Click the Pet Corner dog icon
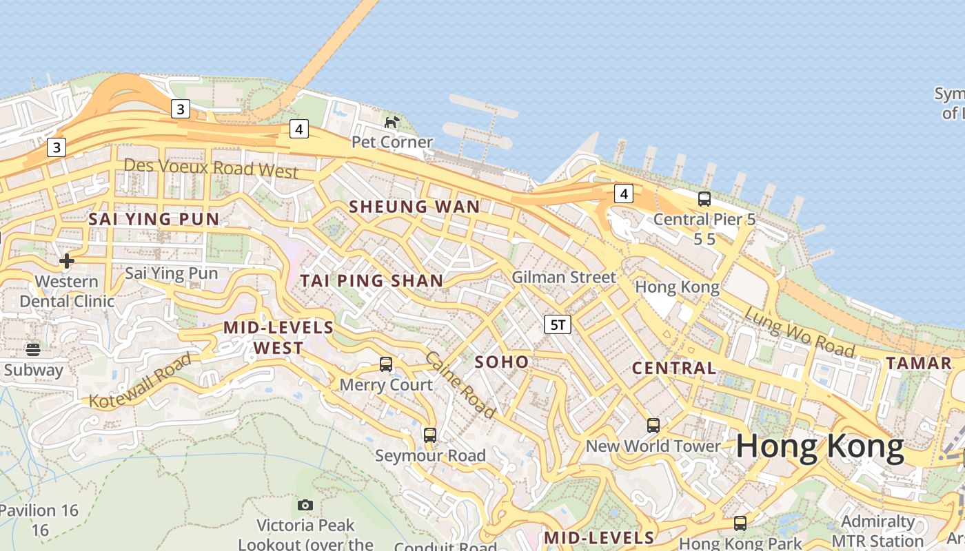pyautogui.click(x=392, y=123)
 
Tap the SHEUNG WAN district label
pyautogui.click(x=414, y=207)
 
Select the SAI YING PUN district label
pyautogui.click(x=154, y=219)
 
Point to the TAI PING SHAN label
pyautogui.click(x=372, y=280)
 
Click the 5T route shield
pyautogui.click(x=558, y=324)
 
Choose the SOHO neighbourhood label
pyautogui.click(x=502, y=362)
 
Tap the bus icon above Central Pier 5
pyautogui.click(x=704, y=199)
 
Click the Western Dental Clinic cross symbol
pyautogui.click(x=67, y=261)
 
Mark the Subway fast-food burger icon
pyautogui.click(x=33, y=349)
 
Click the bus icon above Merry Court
pyautogui.click(x=386, y=364)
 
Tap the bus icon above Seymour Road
pyautogui.click(x=430, y=435)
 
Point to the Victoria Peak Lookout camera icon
pyautogui.click(x=305, y=506)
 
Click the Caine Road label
pyautogui.click(x=460, y=385)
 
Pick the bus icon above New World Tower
pyautogui.click(x=653, y=425)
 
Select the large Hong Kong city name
pyautogui.click(x=820, y=447)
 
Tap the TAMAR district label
pyautogui.click(x=918, y=363)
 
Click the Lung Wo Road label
pyautogui.click(x=800, y=332)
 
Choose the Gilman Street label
pyautogui.click(x=563, y=278)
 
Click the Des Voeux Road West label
pyautogui.click(x=211, y=167)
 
